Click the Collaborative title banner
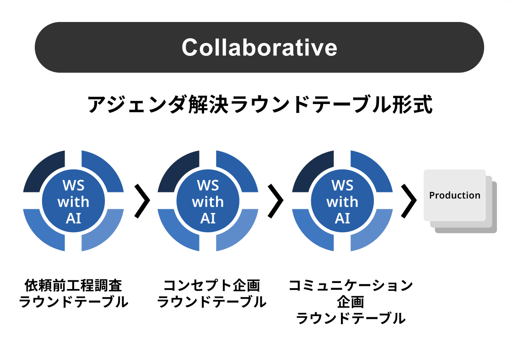click(x=259, y=47)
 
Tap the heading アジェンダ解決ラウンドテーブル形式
click(x=259, y=105)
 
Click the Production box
click(x=454, y=196)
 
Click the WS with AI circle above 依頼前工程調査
click(x=73, y=201)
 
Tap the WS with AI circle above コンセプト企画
click(x=208, y=201)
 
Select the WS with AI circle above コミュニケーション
click(x=342, y=201)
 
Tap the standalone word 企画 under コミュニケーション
click(x=351, y=302)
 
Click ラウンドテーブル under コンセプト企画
click(x=211, y=302)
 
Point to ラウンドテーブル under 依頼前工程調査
click(x=73, y=302)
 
